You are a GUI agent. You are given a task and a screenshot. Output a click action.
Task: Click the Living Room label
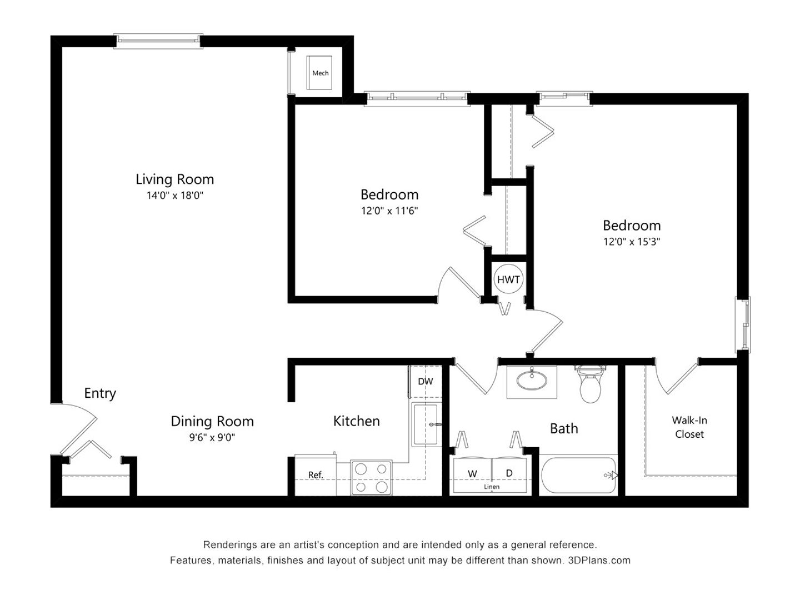(x=174, y=179)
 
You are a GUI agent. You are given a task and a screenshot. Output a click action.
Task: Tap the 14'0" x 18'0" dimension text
(x=174, y=196)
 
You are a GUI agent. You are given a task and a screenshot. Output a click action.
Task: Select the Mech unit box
(x=319, y=72)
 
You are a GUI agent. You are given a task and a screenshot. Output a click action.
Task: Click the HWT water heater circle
(x=508, y=279)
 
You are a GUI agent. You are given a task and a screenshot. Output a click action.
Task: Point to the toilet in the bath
(x=589, y=384)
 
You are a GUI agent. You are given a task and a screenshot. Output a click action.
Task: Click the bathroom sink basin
(x=532, y=381)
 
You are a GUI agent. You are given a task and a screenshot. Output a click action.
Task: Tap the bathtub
(x=578, y=474)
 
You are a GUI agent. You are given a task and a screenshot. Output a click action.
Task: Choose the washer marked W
(x=472, y=473)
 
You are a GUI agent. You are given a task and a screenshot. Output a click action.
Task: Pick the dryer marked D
(x=509, y=473)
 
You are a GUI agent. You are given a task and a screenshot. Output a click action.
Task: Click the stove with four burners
(x=371, y=478)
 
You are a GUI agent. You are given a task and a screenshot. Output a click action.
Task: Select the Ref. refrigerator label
(x=316, y=474)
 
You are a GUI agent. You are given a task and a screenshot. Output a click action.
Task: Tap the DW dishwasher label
(x=426, y=382)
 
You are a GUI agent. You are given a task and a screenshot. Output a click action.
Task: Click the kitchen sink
(x=426, y=424)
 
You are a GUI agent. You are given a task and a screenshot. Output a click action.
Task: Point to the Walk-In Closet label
(x=689, y=427)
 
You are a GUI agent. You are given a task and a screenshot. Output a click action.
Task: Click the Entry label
(x=100, y=393)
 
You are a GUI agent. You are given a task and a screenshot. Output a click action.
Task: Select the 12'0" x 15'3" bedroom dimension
(x=632, y=242)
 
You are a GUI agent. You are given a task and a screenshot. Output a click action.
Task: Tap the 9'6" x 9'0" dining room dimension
(x=212, y=437)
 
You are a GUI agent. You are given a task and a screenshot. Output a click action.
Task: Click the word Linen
(x=492, y=487)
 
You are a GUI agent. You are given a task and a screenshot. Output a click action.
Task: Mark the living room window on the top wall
(x=158, y=41)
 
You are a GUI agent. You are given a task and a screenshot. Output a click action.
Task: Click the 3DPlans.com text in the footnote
(x=599, y=561)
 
